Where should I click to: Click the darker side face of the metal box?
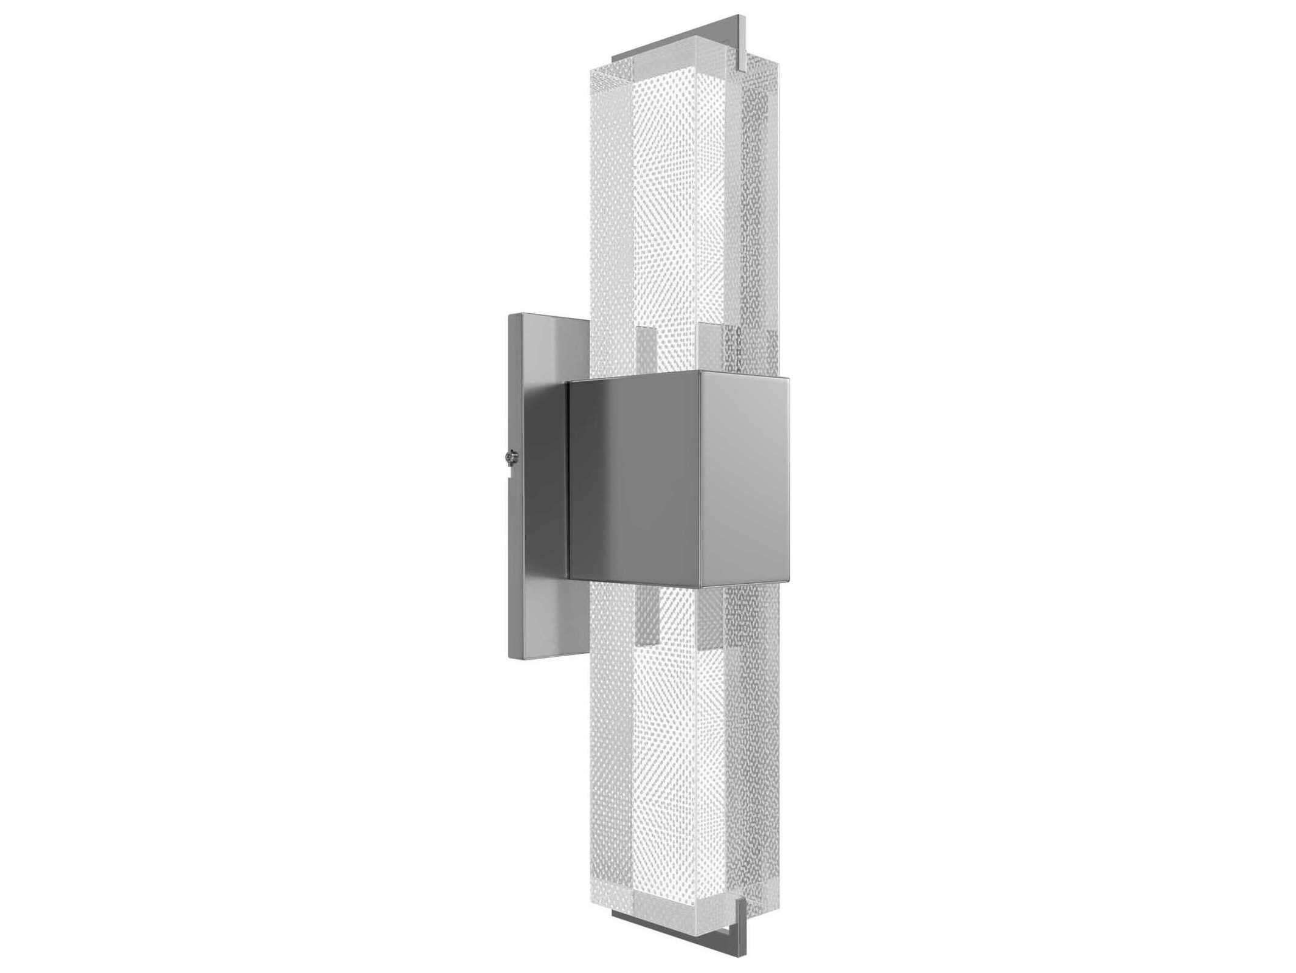click(x=635, y=480)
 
